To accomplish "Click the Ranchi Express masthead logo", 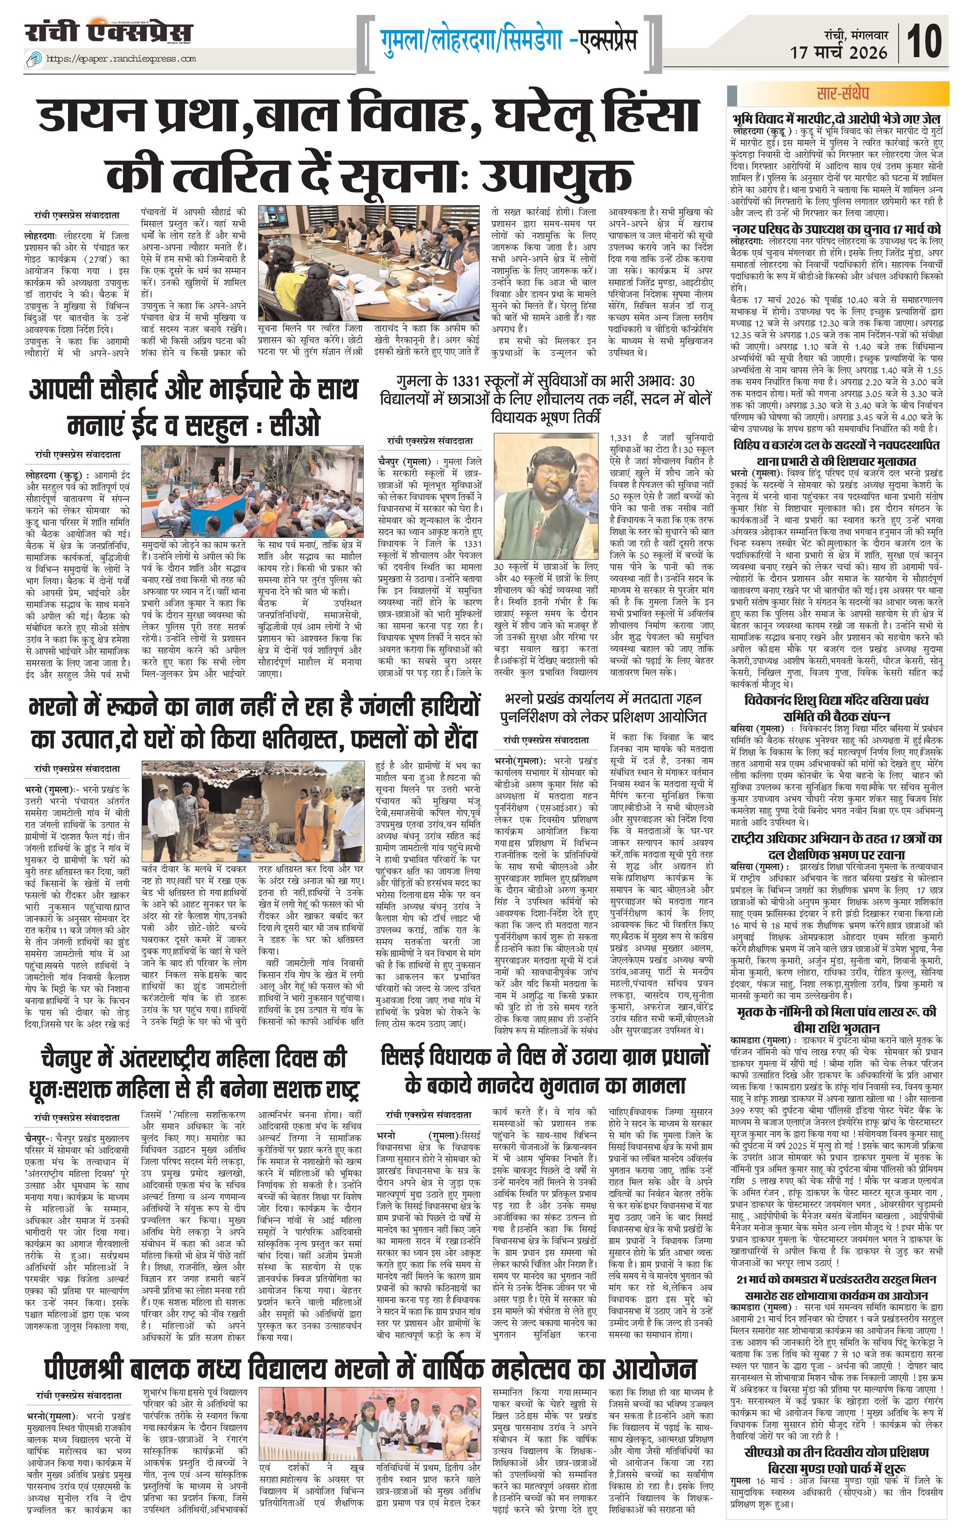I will (x=109, y=32).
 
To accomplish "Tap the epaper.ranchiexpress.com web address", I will (x=120, y=59).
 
